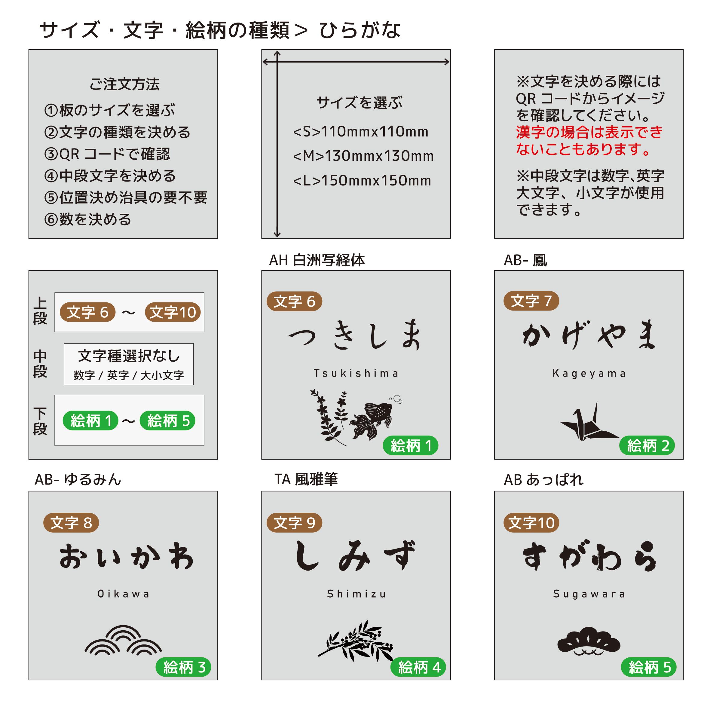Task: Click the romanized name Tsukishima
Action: click(356, 373)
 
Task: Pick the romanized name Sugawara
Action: click(589, 594)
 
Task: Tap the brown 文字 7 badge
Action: click(531, 301)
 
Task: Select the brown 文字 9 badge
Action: click(294, 522)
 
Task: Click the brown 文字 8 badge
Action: click(71, 522)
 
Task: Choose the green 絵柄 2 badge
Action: click(647, 445)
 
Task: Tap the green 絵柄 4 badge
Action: click(418, 667)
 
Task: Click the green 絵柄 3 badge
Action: click(183, 667)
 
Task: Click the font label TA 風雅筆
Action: click(306, 479)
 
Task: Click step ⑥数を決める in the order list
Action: click(88, 219)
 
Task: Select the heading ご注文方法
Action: click(124, 84)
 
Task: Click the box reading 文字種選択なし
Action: click(129, 364)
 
